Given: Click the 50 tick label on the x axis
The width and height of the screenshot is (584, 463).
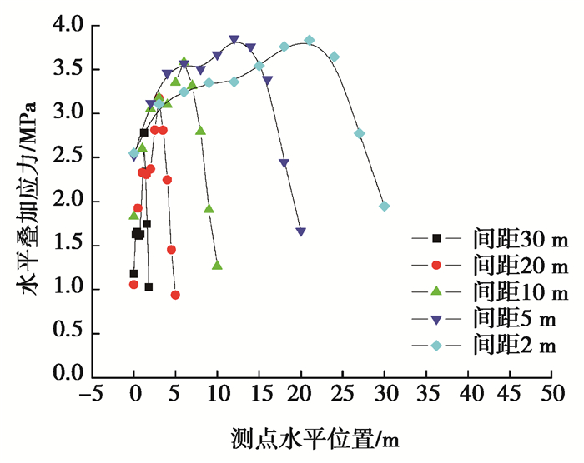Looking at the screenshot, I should [551, 392].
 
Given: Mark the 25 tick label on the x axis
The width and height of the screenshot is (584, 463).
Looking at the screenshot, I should [342, 392].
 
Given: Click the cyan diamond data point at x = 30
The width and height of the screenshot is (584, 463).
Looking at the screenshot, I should [384, 206].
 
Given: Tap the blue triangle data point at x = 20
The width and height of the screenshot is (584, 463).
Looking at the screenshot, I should [300, 231].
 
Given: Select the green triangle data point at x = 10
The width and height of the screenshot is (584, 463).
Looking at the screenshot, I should [217, 266].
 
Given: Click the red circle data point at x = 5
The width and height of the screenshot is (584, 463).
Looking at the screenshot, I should [175, 295].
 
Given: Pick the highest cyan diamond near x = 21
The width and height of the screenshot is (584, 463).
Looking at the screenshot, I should [310, 40].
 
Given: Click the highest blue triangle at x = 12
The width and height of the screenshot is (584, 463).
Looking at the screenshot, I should [234, 39].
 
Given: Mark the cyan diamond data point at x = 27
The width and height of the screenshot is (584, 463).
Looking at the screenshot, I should [359, 133].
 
